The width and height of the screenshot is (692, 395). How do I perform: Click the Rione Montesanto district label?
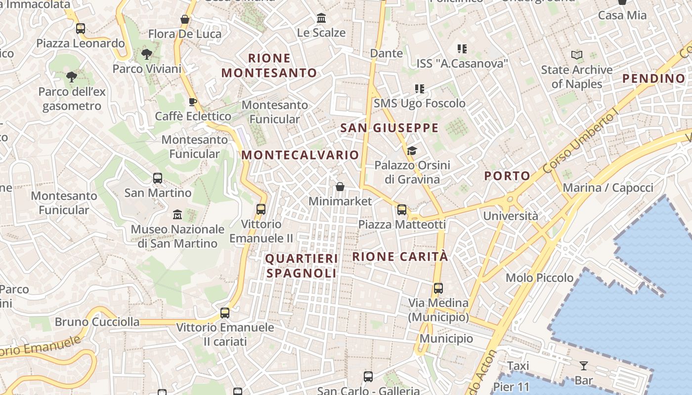[x=269, y=65]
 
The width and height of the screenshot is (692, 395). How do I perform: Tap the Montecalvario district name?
[x=300, y=155]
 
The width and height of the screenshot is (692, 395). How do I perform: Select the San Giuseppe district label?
[x=389, y=128]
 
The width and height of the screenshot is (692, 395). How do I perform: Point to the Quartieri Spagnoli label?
[x=302, y=266]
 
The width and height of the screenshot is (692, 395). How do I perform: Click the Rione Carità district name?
[x=400, y=257]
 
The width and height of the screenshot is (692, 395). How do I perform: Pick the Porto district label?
[x=507, y=176]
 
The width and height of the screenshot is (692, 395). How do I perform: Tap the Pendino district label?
[x=653, y=79]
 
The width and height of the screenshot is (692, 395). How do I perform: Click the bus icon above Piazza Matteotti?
[x=402, y=210]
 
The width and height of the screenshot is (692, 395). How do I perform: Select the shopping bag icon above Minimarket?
[x=340, y=187]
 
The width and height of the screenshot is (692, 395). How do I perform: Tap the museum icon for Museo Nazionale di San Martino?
[x=177, y=215]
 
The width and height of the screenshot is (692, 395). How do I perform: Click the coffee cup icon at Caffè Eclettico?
[x=193, y=102]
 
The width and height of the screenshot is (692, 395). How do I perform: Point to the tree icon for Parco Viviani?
[x=146, y=54]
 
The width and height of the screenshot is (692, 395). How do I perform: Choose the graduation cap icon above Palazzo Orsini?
[x=412, y=151]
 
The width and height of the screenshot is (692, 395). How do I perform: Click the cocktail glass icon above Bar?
[x=584, y=366]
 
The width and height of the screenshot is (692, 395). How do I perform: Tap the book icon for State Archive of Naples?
[x=577, y=55]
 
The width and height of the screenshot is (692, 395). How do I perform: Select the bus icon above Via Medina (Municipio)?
[x=438, y=288]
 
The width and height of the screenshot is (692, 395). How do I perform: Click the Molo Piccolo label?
[x=539, y=278]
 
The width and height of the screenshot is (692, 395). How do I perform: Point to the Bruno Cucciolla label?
[x=97, y=322]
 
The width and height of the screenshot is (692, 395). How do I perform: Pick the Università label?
[x=511, y=216]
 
